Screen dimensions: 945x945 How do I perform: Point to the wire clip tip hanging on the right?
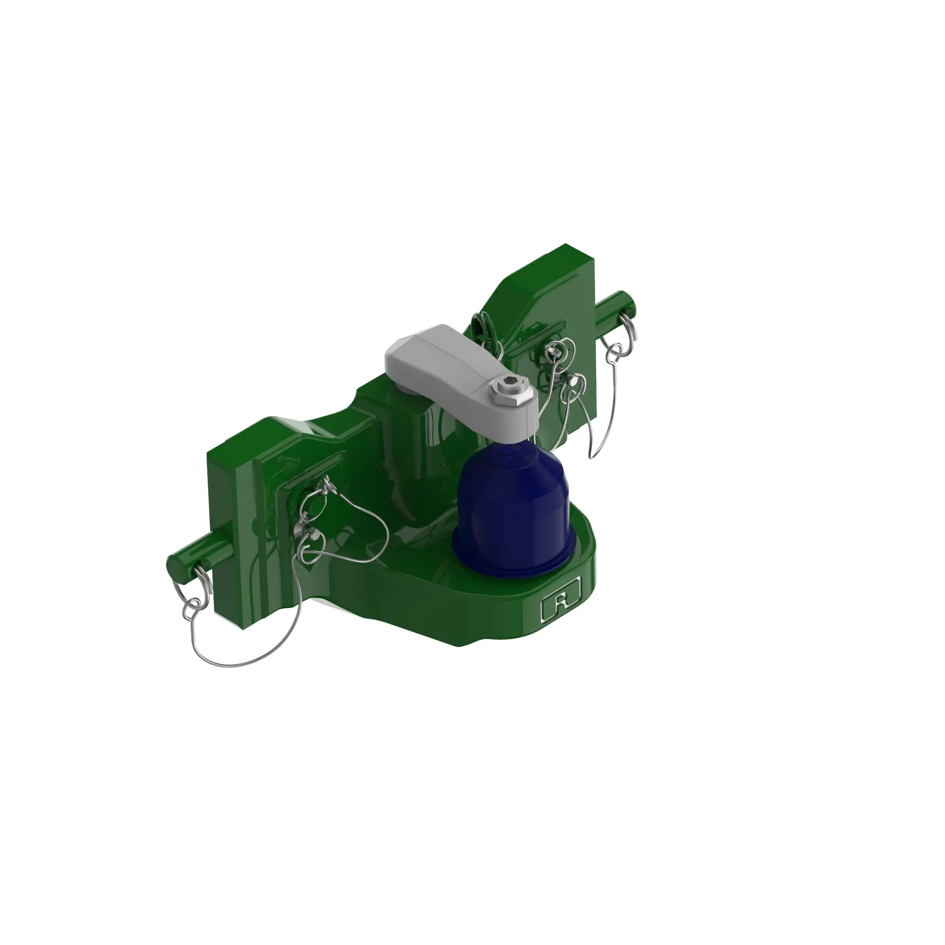pos(592,455)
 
